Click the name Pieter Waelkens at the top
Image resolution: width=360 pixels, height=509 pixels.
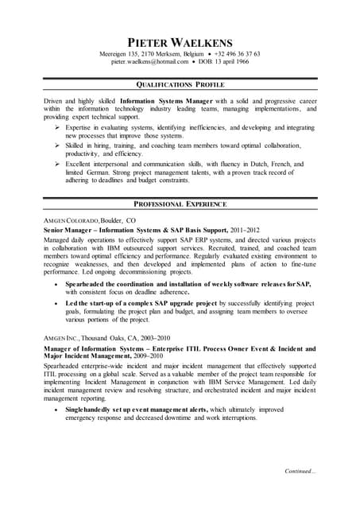(180, 41)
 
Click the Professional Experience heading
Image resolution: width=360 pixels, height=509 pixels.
(180, 204)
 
